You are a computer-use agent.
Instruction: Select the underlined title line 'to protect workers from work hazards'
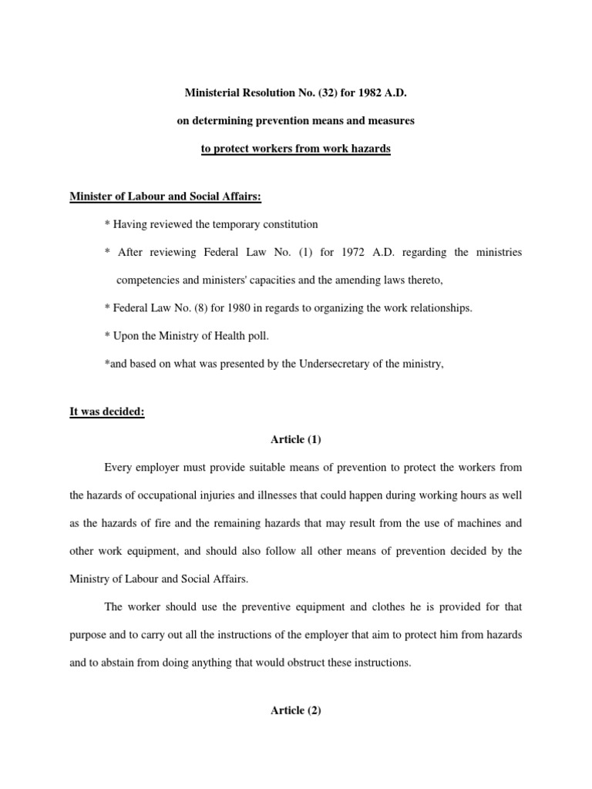coord(295,149)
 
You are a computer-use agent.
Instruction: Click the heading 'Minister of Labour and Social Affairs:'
coord(165,197)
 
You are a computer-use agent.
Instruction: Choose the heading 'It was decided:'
coord(107,411)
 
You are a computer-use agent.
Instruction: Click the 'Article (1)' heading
coord(295,439)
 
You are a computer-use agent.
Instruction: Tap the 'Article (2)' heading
coord(295,710)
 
